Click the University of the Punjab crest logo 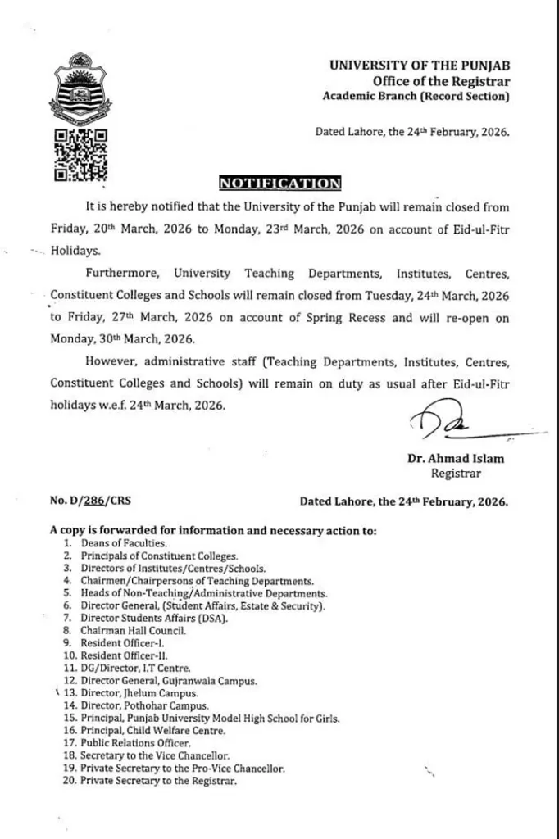click(x=80, y=87)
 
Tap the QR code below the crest click(x=80, y=154)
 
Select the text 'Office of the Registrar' click(x=441, y=81)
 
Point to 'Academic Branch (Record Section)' click(x=416, y=97)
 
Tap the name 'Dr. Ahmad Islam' click(x=455, y=459)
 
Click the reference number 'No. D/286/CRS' click(x=93, y=501)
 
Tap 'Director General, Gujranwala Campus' click(x=169, y=681)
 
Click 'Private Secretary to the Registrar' click(x=158, y=781)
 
